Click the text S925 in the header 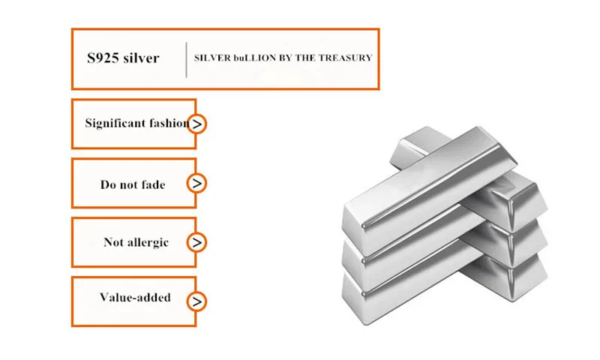(x=101, y=58)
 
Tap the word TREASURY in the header (x=346, y=58)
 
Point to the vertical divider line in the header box (x=186, y=59)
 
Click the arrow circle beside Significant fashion (x=197, y=124)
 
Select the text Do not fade (x=133, y=184)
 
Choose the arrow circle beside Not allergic (x=196, y=242)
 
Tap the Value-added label (x=135, y=297)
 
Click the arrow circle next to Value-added (x=196, y=301)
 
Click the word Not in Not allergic (x=113, y=242)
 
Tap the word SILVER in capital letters (x=212, y=58)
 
